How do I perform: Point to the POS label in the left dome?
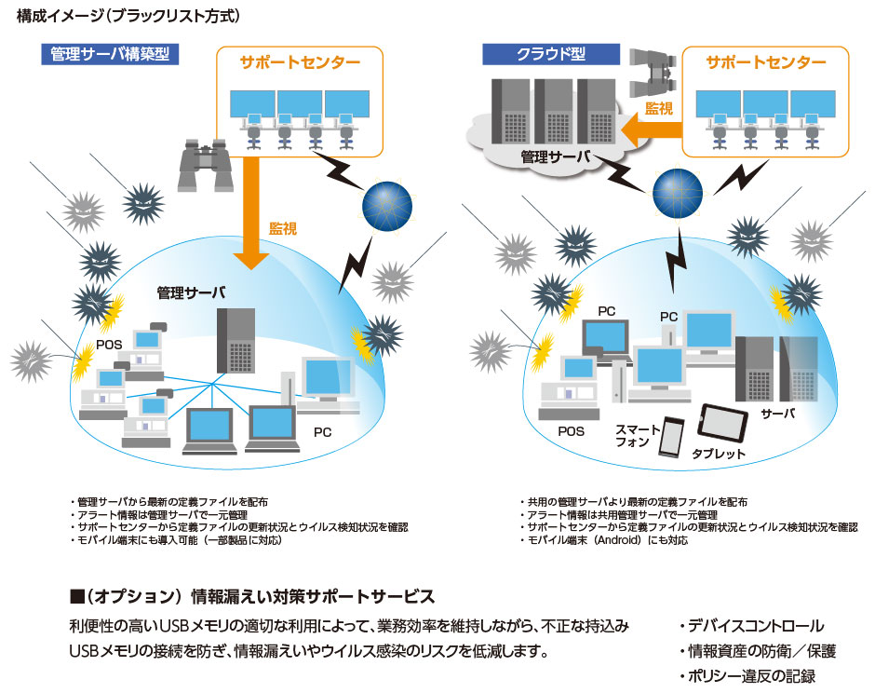click(x=109, y=345)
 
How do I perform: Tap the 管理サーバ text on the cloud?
click(x=555, y=157)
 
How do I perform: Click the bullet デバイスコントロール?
click(x=750, y=626)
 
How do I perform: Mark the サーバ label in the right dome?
click(x=777, y=413)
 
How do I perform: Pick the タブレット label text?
click(x=718, y=454)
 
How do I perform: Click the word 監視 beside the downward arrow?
click(x=282, y=227)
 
